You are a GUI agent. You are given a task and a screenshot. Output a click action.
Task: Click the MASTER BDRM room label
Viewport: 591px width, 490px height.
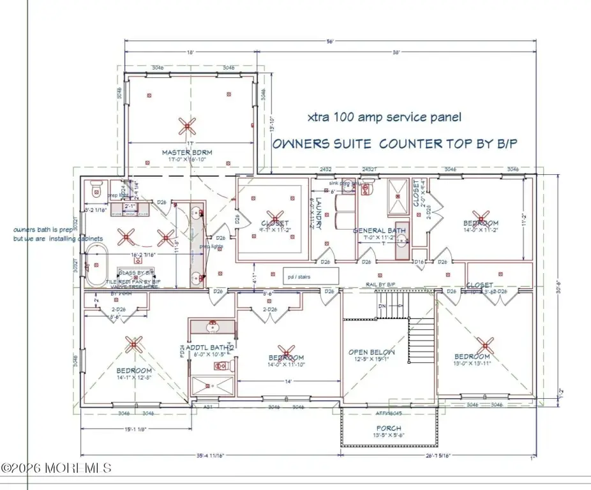tap(186, 152)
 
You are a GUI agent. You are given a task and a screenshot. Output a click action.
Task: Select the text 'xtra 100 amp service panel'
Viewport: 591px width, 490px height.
tap(384, 117)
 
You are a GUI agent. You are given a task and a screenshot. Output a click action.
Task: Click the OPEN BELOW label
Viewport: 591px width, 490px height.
tap(371, 352)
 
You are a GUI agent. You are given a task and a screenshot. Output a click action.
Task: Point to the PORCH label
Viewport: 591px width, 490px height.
tap(388, 428)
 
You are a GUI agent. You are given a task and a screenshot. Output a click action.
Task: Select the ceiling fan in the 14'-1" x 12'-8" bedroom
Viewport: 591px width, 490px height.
tap(133, 345)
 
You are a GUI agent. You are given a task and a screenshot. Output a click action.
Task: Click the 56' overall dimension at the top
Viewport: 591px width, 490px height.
tap(330, 42)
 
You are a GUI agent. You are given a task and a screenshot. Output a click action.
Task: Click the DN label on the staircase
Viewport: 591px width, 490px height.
tap(382, 306)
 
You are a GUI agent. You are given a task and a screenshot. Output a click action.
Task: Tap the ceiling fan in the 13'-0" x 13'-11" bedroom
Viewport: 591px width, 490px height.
tap(486, 345)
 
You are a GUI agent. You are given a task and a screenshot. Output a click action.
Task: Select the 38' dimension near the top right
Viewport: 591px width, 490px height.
tap(397, 53)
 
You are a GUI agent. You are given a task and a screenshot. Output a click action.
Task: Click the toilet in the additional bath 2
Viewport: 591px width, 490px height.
tap(221, 366)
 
